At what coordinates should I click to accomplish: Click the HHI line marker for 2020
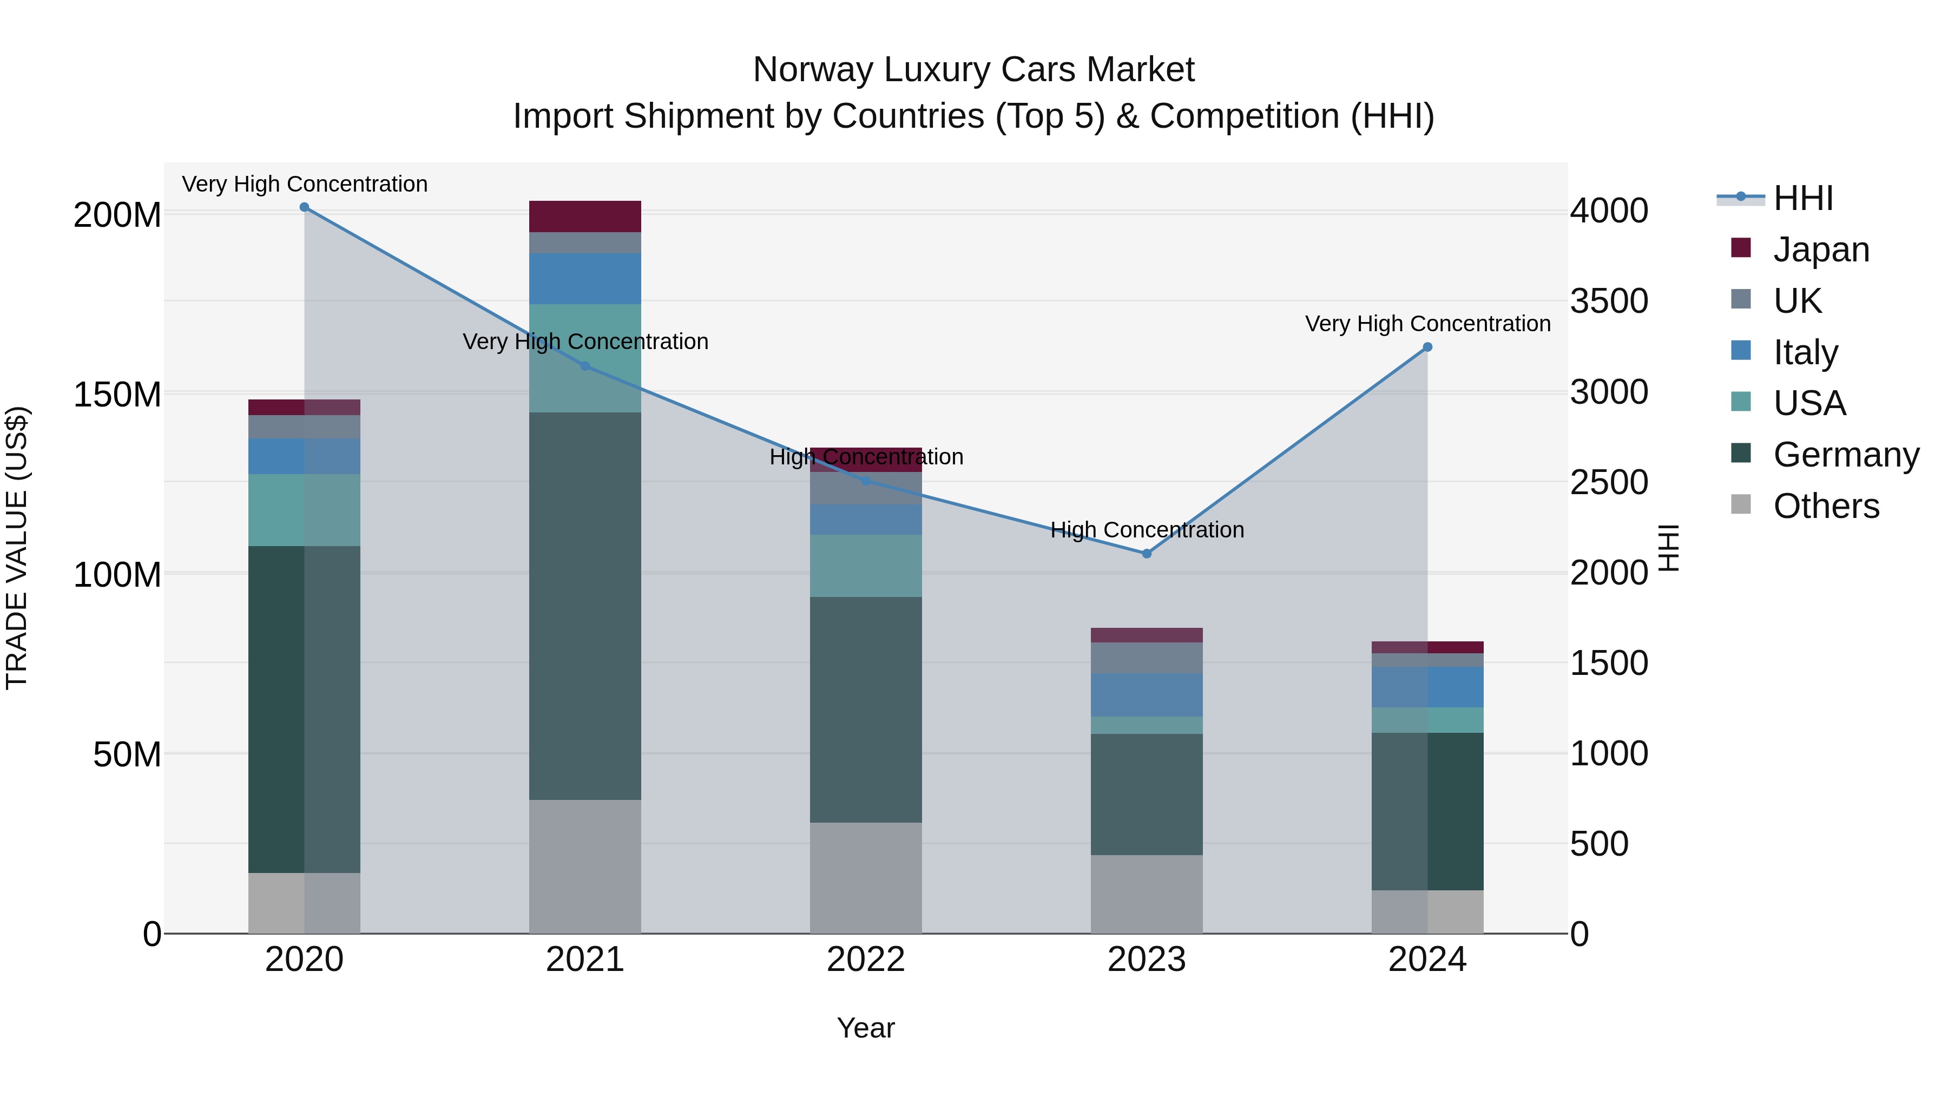[x=304, y=207]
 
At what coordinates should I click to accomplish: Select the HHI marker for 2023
[x=1147, y=554]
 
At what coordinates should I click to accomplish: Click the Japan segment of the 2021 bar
[x=584, y=216]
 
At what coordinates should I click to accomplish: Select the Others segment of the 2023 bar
[x=1147, y=894]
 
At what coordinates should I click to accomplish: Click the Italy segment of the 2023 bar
[x=1147, y=694]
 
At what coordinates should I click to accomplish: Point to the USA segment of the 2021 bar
[x=584, y=358]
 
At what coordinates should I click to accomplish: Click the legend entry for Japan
[x=1821, y=250]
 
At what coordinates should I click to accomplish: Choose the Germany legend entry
[x=1846, y=455]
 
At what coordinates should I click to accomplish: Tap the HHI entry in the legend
[x=1803, y=198]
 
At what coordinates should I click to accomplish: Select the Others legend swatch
[x=1741, y=504]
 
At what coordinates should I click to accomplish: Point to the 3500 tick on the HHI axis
[x=1609, y=301]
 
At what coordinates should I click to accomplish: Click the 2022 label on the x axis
[x=866, y=960]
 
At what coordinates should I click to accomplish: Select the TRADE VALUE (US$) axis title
[x=17, y=548]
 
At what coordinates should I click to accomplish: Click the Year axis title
[x=866, y=1028]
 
